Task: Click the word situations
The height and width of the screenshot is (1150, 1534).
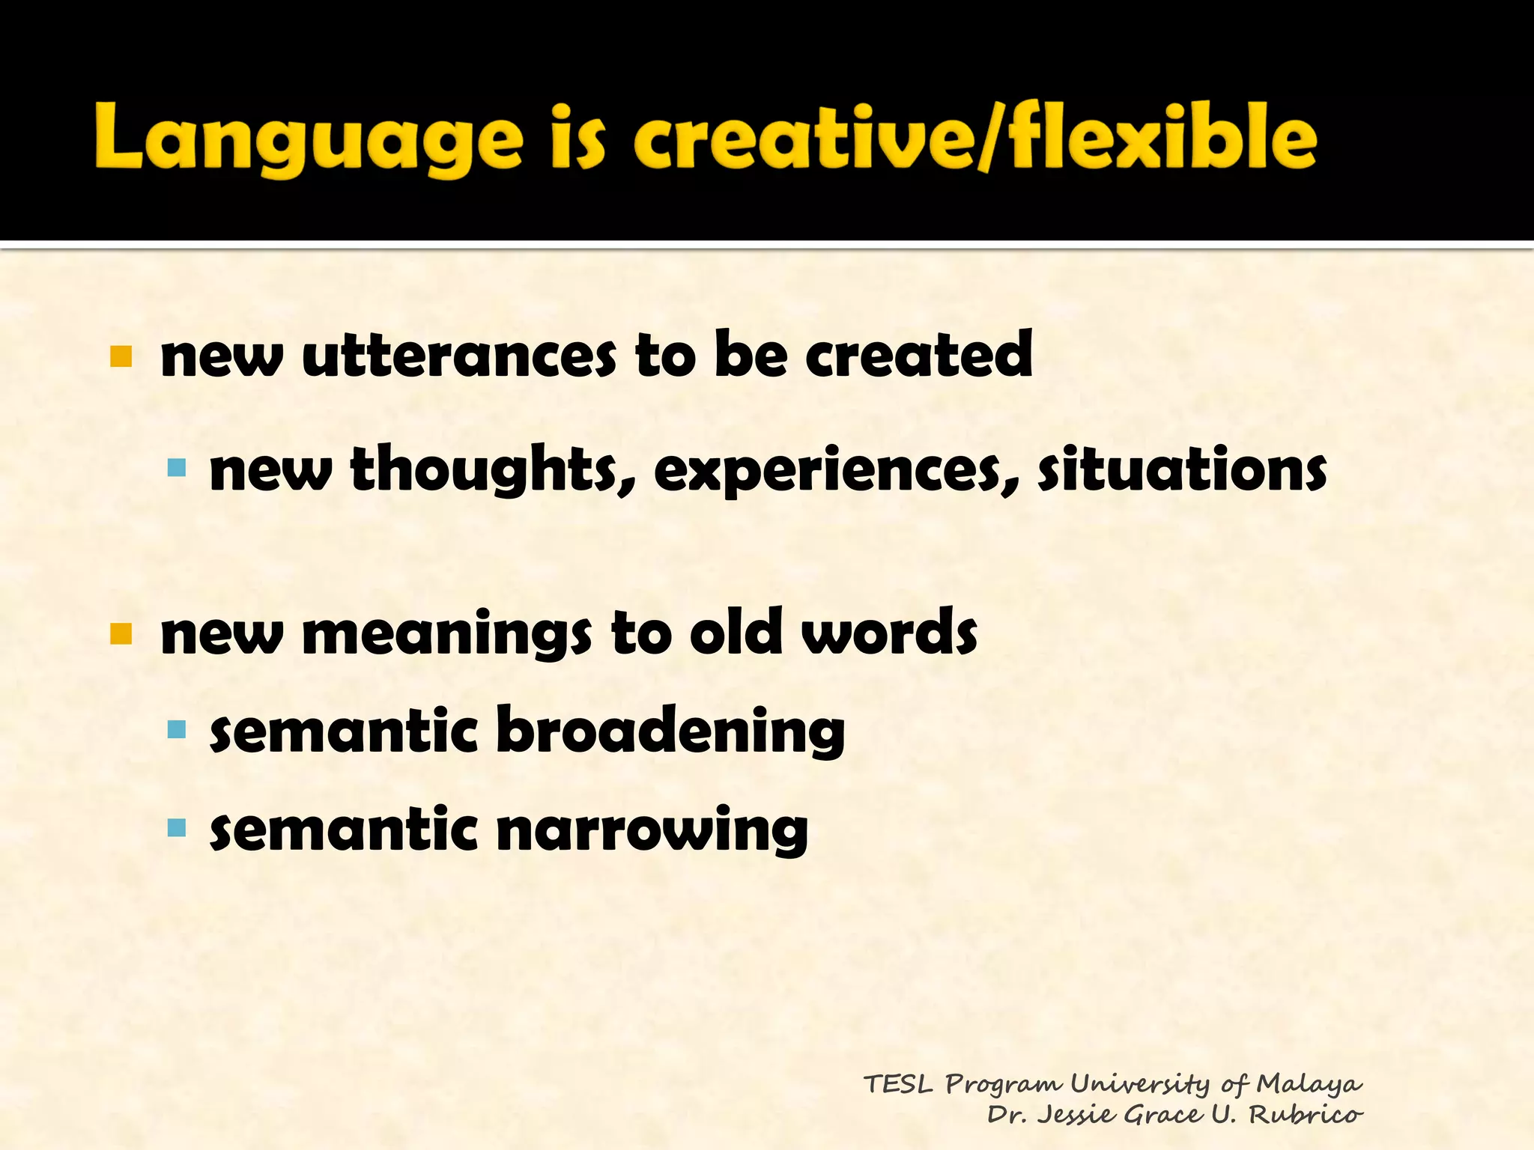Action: point(1182,469)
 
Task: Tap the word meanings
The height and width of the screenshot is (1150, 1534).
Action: point(446,633)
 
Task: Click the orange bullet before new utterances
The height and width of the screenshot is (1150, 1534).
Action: point(121,356)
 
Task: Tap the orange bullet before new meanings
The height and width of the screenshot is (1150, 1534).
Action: point(121,634)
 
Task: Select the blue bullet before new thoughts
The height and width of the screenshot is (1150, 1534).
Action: point(177,469)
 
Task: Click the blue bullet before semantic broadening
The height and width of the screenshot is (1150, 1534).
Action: point(177,729)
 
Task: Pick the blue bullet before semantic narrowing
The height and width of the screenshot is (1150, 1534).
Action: point(177,827)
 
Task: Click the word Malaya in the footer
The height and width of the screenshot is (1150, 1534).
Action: point(1309,1084)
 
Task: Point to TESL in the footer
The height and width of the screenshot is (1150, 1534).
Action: point(898,1084)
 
